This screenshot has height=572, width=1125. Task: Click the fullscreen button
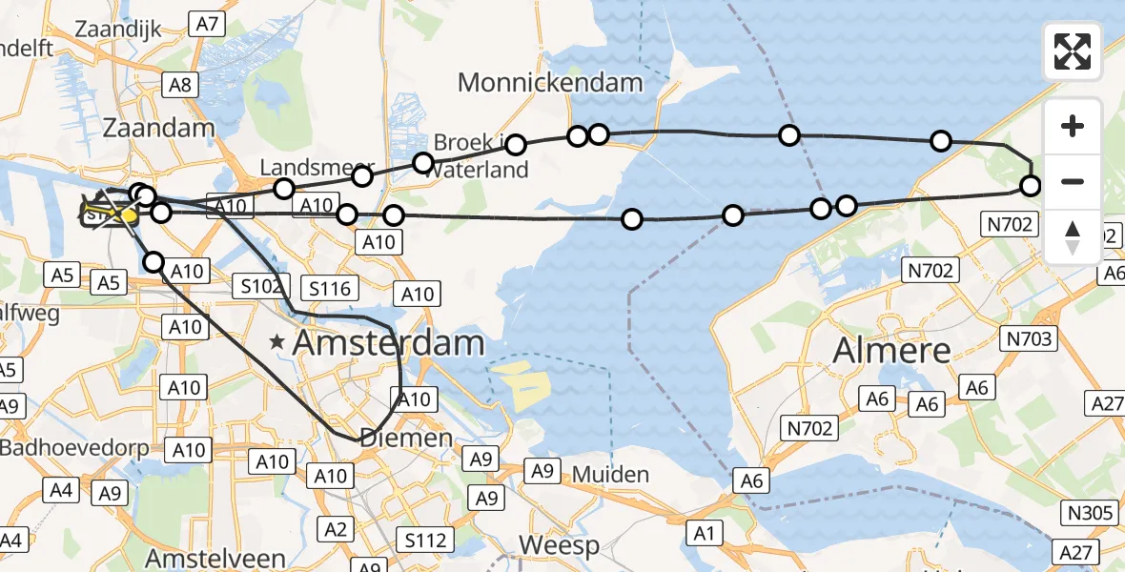[1073, 51]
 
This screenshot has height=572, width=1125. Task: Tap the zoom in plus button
[1073, 126]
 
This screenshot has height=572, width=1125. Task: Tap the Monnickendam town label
[550, 82]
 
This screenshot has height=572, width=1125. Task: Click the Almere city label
[891, 350]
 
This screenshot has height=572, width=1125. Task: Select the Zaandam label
[159, 128]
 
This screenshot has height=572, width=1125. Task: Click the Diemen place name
[405, 438]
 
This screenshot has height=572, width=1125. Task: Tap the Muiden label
[611, 474]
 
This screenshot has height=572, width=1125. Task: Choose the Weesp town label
[559, 546]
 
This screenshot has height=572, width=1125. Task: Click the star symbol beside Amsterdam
[277, 341]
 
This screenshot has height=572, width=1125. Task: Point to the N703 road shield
[1028, 338]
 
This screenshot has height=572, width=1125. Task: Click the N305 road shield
[1091, 514]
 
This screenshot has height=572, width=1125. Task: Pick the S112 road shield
[424, 541]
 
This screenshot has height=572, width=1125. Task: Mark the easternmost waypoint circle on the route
[1030, 185]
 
